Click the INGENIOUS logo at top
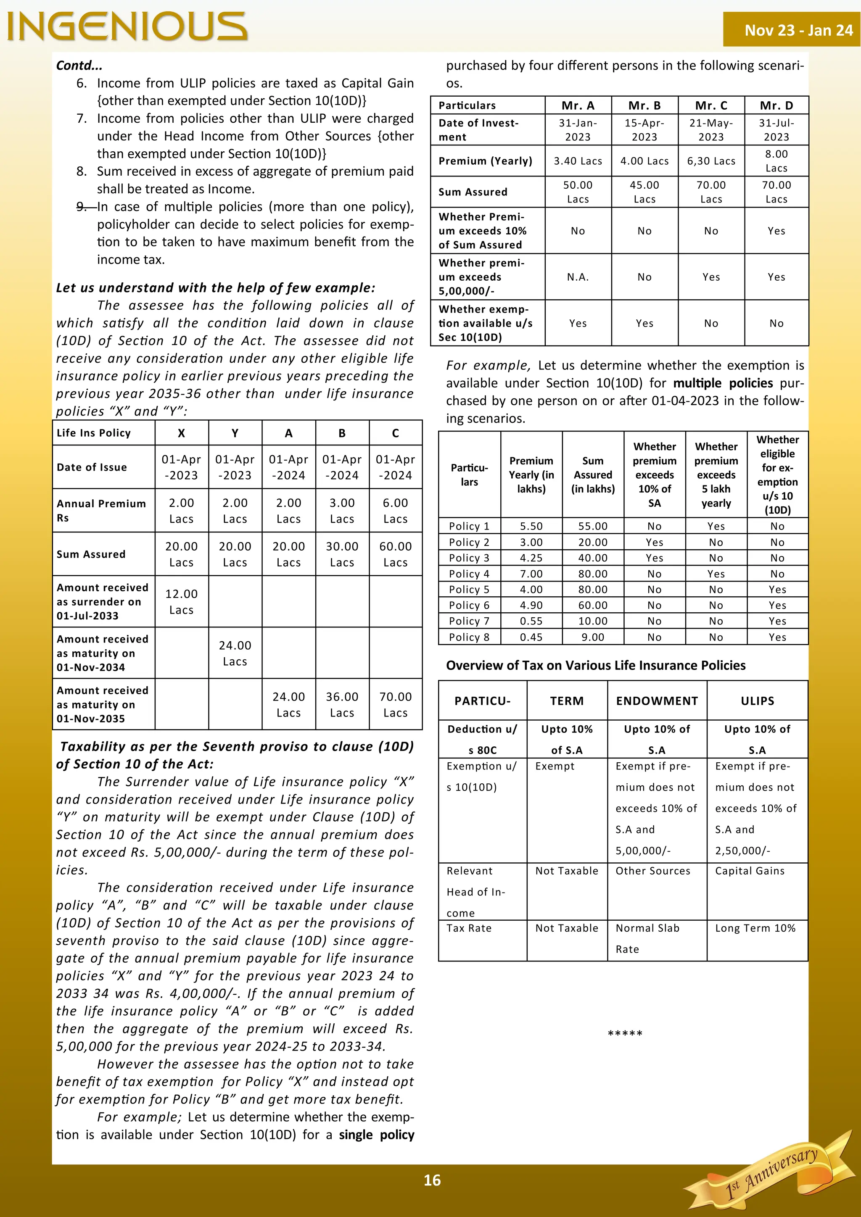click(127, 26)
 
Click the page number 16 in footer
click(432, 1180)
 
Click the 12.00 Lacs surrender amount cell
click(181, 602)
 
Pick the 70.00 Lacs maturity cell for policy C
click(396, 704)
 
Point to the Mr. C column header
click(711, 105)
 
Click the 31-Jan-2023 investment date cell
click(578, 130)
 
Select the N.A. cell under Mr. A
click(578, 277)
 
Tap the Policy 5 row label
click(469, 590)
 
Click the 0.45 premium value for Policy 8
click(531, 637)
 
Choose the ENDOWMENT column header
click(657, 701)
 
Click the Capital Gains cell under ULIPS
click(750, 871)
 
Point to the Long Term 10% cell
click(755, 928)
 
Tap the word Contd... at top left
click(79, 66)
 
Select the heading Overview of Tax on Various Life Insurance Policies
click(595, 665)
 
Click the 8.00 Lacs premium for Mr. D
click(776, 161)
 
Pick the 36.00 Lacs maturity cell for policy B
click(342, 704)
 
